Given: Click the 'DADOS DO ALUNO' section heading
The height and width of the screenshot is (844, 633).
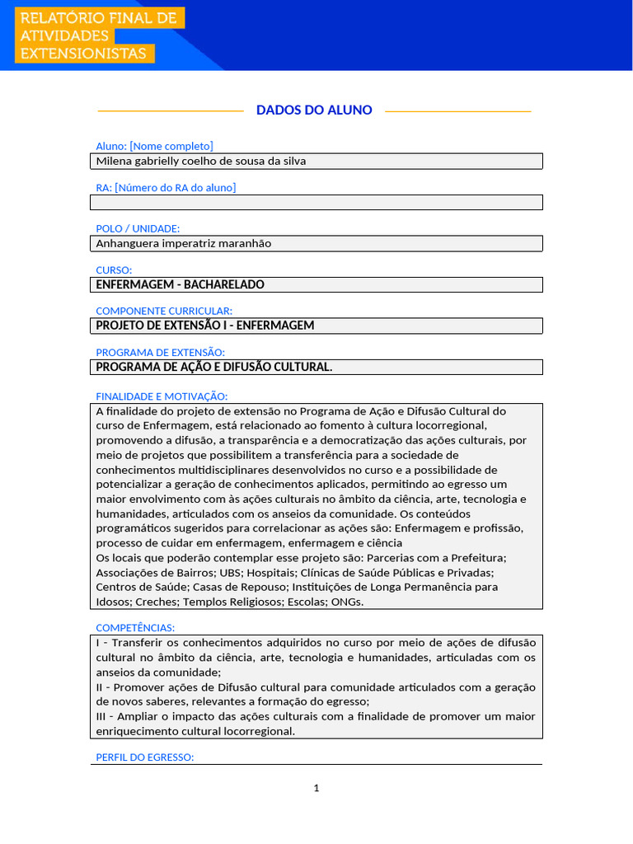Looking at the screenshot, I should pyautogui.click(x=314, y=110).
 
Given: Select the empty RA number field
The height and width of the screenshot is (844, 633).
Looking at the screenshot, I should pyautogui.click(x=316, y=202).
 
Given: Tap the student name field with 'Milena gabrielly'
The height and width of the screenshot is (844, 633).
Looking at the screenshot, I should pyautogui.click(x=316, y=161).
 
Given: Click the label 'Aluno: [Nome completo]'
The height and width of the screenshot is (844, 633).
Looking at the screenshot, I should pyautogui.click(x=154, y=146).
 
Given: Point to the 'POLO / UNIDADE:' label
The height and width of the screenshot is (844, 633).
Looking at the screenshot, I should pyautogui.click(x=138, y=228).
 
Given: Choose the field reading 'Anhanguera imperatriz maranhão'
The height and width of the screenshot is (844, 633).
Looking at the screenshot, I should pyautogui.click(x=316, y=243).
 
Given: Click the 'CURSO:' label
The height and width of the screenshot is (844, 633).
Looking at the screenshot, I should pyautogui.click(x=114, y=270).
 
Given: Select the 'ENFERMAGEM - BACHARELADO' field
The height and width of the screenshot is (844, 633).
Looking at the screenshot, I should pyautogui.click(x=316, y=284).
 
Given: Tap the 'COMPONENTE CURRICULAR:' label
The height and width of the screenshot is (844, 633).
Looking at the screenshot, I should pyautogui.click(x=164, y=311).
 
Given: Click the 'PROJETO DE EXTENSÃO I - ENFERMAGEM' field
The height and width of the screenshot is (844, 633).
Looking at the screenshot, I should pyautogui.click(x=316, y=326).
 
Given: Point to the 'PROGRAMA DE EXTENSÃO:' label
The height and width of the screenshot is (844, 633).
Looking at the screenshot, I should pyautogui.click(x=160, y=352).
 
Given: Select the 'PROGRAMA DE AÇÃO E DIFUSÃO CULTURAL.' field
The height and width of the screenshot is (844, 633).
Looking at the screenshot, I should pyautogui.click(x=316, y=367).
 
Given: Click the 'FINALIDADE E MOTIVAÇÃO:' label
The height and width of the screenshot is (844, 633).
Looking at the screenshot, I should pyautogui.click(x=162, y=396).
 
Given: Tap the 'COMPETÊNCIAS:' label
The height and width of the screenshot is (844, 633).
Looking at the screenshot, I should pyautogui.click(x=135, y=628).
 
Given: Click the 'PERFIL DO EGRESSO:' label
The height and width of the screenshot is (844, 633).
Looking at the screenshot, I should pyautogui.click(x=145, y=757).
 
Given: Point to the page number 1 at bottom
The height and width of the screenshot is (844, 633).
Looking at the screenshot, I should pyautogui.click(x=316, y=788).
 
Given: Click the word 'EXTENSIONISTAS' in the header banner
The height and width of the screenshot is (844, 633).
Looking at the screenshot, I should pyautogui.click(x=83, y=54).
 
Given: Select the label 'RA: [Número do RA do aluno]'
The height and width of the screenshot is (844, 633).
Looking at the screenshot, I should pyautogui.click(x=166, y=187).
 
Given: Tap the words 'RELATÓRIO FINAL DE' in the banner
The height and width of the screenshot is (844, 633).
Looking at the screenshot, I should pyautogui.click(x=98, y=18).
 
